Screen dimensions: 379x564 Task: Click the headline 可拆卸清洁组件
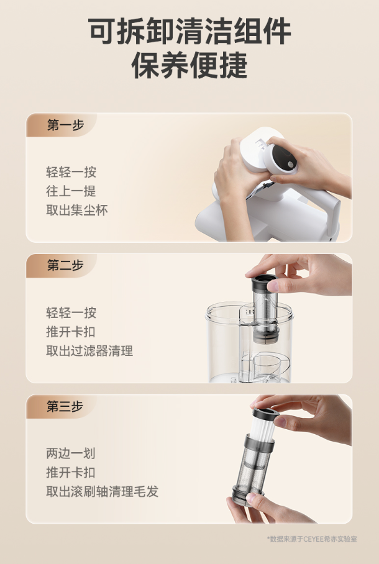189,32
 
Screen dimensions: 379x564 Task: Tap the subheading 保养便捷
189,65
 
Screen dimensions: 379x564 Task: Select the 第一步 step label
65,125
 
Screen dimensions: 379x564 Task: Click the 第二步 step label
65,265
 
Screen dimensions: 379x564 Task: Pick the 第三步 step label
65,406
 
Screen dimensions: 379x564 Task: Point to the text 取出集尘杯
77,210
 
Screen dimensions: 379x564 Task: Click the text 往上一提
71,191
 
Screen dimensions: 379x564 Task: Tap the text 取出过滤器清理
89,351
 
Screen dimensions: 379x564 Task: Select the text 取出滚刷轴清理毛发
103,491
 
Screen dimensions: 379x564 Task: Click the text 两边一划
71,453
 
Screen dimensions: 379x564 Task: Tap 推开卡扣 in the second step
71,332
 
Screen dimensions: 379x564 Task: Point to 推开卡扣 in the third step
71,472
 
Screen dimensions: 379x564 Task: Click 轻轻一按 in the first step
71,172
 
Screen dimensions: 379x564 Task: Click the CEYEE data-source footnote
312,539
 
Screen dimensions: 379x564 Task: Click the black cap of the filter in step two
264,283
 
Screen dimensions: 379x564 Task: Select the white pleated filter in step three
263,428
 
